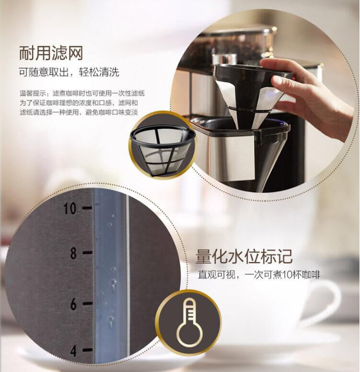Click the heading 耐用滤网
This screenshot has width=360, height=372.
[x=51, y=53]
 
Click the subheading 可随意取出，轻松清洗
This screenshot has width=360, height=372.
[x=69, y=72]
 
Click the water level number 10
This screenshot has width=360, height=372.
[x=70, y=208]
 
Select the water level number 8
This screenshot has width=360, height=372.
[x=74, y=253]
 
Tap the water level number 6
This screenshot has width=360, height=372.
[x=74, y=304]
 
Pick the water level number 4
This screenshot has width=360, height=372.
[x=74, y=350]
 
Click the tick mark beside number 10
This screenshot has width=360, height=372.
[x=87, y=208]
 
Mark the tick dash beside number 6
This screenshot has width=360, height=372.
[x=88, y=303]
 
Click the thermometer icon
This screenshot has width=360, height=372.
[x=189, y=323]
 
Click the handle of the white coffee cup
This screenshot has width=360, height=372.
[x=329, y=301]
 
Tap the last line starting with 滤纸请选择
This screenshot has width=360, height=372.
[x=79, y=112]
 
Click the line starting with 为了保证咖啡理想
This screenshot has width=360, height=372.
[x=79, y=103]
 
